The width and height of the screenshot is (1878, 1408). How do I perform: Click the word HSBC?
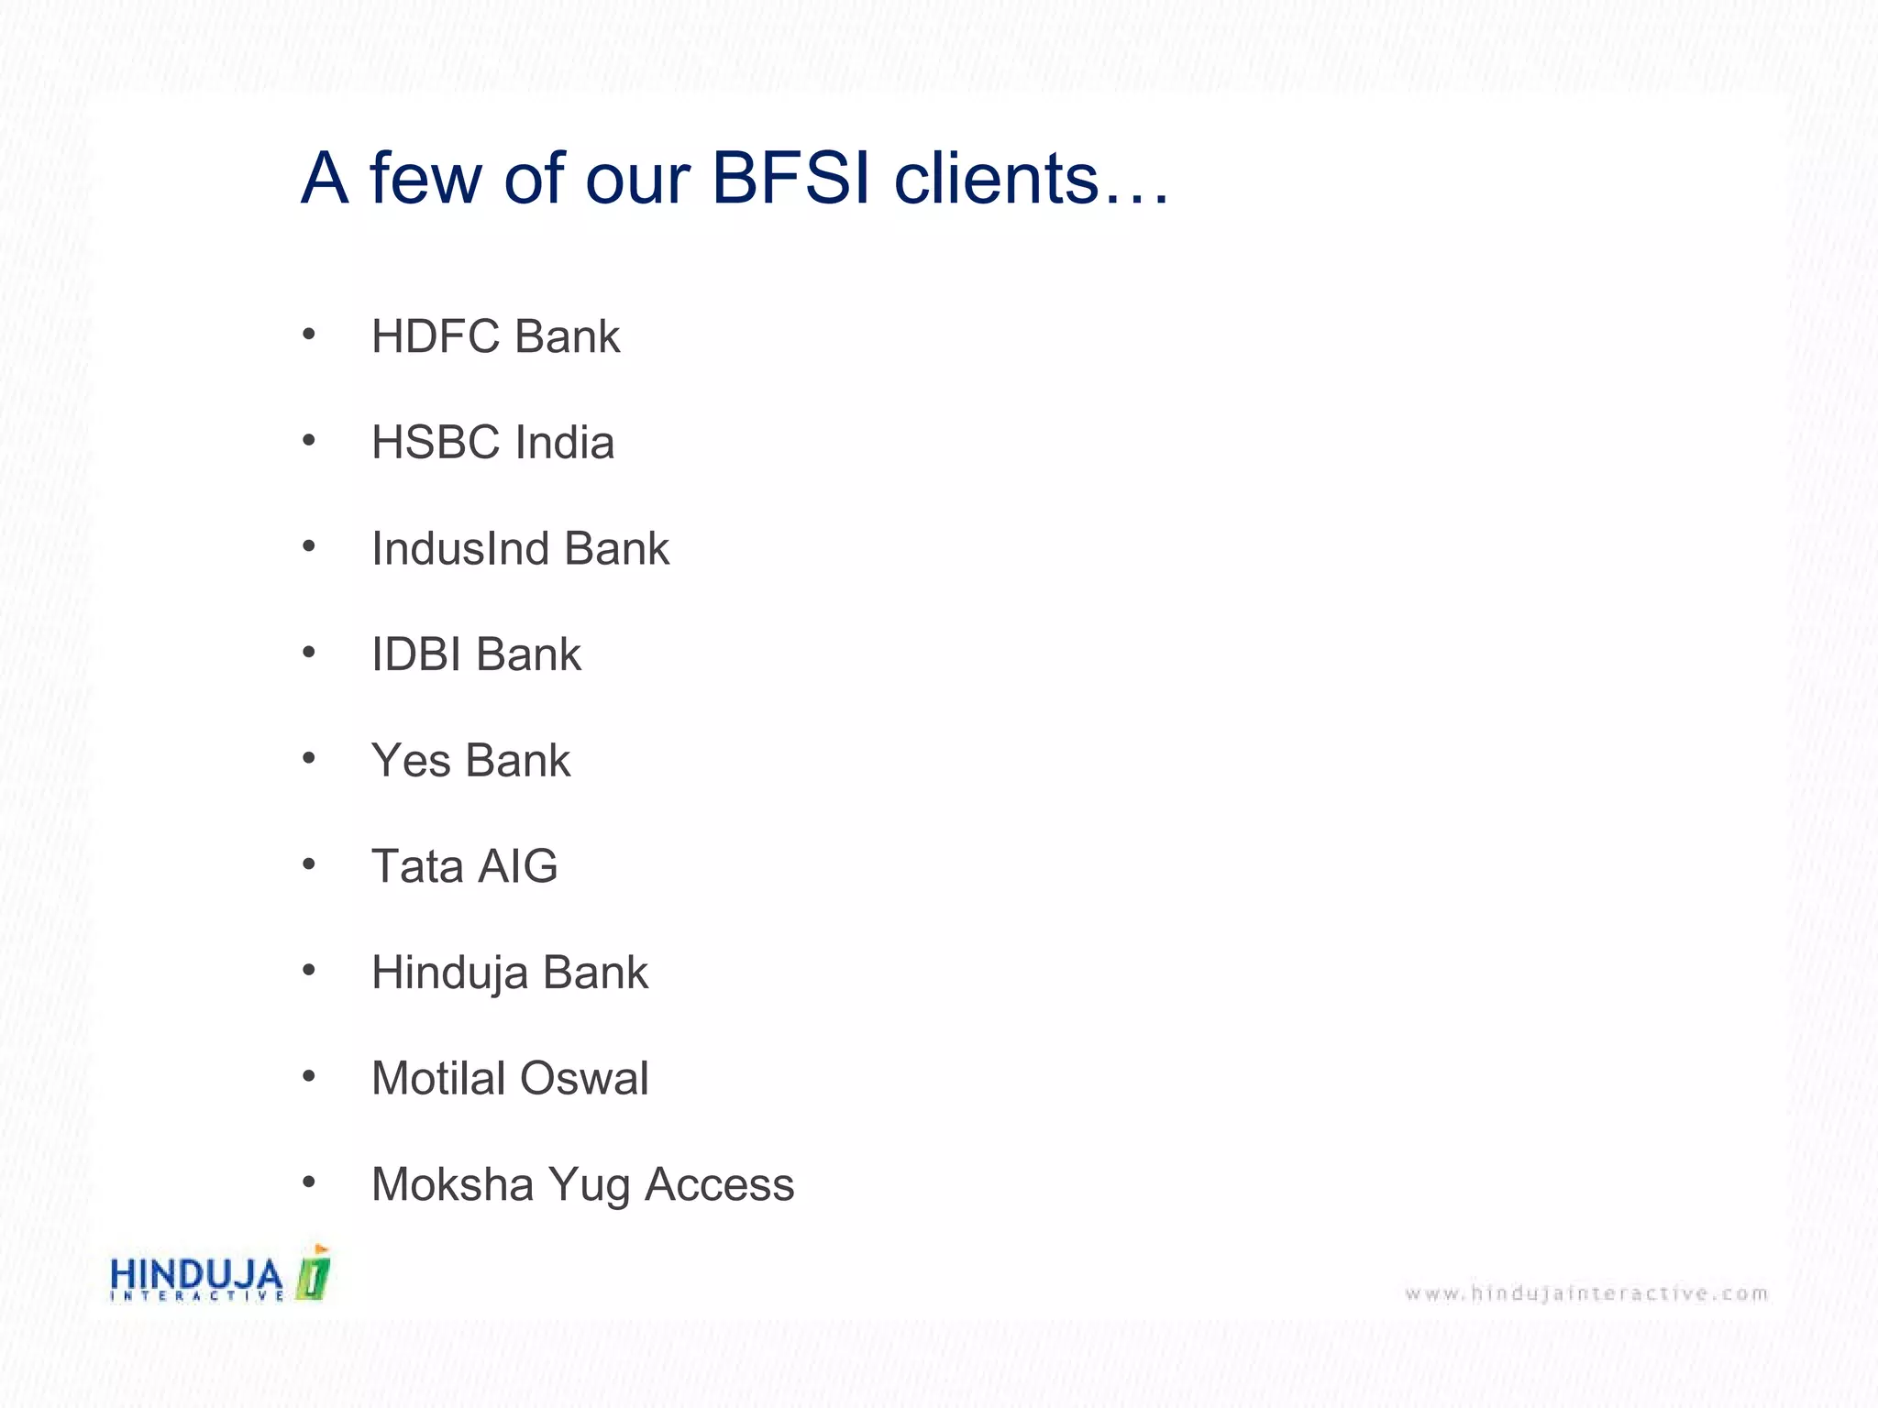[x=435, y=443]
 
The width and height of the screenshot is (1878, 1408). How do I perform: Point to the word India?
[x=564, y=443]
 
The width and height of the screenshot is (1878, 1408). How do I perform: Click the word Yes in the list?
[x=411, y=761]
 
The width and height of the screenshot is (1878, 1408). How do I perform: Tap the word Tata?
[x=417, y=866]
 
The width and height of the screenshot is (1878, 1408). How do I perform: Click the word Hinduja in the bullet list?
[x=449, y=973]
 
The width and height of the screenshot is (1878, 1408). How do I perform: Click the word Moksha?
[x=452, y=1184]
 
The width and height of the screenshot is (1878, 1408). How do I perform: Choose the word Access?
[x=719, y=1184]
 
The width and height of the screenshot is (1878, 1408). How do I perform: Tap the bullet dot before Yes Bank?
[x=309, y=758]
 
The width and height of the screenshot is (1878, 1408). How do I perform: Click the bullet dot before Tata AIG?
[x=309, y=863]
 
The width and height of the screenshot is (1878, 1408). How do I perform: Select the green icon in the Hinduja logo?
[x=314, y=1274]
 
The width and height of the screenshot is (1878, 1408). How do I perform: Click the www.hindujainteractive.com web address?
[x=1585, y=1293]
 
